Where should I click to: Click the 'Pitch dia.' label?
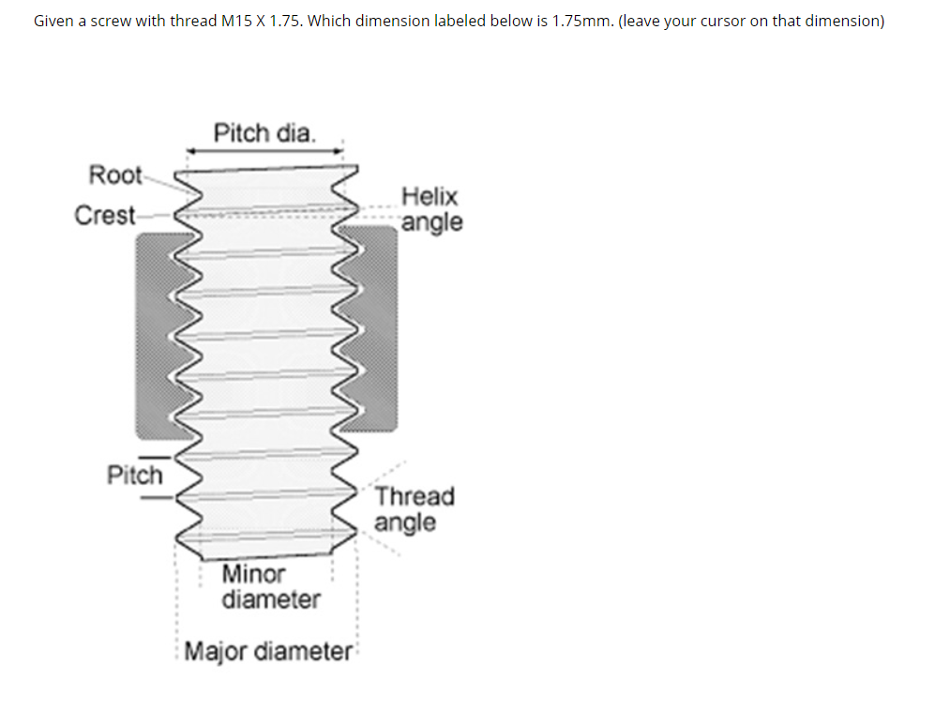[264, 132]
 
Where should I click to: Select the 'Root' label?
[114, 174]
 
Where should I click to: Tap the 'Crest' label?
[105, 215]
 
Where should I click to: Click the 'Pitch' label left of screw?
[134, 475]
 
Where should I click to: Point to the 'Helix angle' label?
[431, 209]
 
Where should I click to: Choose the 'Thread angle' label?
[414, 508]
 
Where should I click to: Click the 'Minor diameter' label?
[270, 586]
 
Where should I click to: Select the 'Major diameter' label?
[267, 650]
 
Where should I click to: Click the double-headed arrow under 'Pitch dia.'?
[264, 150]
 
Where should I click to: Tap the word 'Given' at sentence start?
[53, 21]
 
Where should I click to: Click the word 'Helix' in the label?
[430, 197]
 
